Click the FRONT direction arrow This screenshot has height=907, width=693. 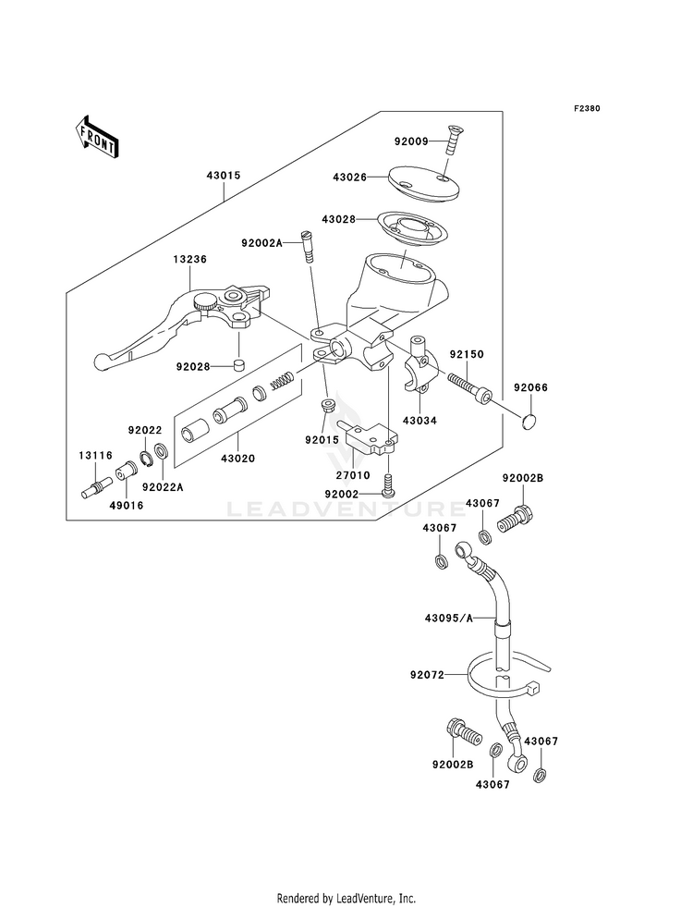coord(96,137)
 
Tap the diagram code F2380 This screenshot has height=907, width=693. coord(587,108)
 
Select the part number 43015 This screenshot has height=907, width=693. coord(223,176)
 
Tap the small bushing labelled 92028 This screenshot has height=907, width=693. coord(238,365)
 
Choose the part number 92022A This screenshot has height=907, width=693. coord(163,487)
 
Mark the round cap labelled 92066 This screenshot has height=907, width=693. coord(529,422)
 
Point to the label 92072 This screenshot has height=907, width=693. coord(428,674)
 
